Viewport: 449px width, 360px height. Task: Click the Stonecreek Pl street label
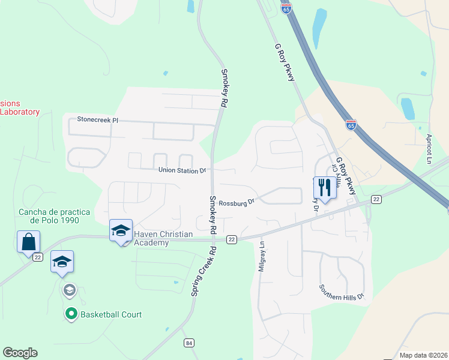94,120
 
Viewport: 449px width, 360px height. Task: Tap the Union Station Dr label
182,170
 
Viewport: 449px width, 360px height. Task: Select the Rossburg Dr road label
237,202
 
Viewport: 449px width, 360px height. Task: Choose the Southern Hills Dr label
342,297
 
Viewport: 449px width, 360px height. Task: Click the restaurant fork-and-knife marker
325,187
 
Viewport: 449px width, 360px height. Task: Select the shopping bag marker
28,242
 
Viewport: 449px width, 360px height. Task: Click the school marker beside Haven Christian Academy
120,231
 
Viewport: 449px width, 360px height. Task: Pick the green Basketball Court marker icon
71,314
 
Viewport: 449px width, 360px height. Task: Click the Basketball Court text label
111,314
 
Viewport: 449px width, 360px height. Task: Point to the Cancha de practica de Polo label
54,216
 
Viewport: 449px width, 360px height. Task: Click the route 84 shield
190,343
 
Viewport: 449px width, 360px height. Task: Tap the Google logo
20,353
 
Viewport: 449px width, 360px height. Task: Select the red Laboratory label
20,112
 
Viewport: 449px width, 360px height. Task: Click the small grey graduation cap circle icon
69,290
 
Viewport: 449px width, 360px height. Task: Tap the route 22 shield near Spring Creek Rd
231,239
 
